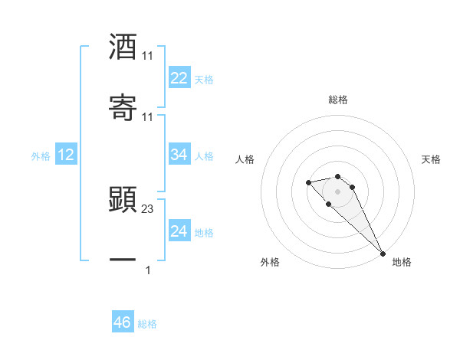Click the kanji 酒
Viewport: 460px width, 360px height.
pyautogui.click(x=123, y=47)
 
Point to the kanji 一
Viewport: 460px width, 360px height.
pyautogui.click(x=123, y=260)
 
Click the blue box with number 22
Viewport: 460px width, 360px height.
pyautogui.click(x=179, y=78)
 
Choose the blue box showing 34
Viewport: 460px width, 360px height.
pyautogui.click(x=179, y=155)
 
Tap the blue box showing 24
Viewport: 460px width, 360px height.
pyautogui.click(x=179, y=231)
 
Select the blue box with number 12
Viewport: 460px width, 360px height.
pyautogui.click(x=66, y=155)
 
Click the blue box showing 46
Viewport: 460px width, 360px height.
pyautogui.click(x=123, y=322)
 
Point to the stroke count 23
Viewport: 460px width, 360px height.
pyautogui.click(x=149, y=209)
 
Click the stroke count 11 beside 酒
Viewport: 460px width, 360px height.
pyautogui.click(x=148, y=56)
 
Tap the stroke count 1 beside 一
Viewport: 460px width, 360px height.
pyautogui.click(x=148, y=270)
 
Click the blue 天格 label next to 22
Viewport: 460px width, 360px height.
pyautogui.click(x=204, y=79)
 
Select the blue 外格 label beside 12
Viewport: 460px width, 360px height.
pyautogui.click(x=41, y=156)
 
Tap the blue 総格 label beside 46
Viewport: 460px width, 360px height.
pyautogui.click(x=147, y=324)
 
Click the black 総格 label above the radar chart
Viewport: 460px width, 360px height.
pyautogui.click(x=338, y=100)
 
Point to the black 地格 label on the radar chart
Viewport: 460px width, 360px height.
pyautogui.click(x=402, y=262)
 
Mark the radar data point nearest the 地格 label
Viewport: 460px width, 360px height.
pyautogui.click(x=383, y=254)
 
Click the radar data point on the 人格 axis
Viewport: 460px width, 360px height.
pyautogui.click(x=308, y=182)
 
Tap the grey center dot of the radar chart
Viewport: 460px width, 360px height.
pyautogui.click(x=338, y=191)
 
